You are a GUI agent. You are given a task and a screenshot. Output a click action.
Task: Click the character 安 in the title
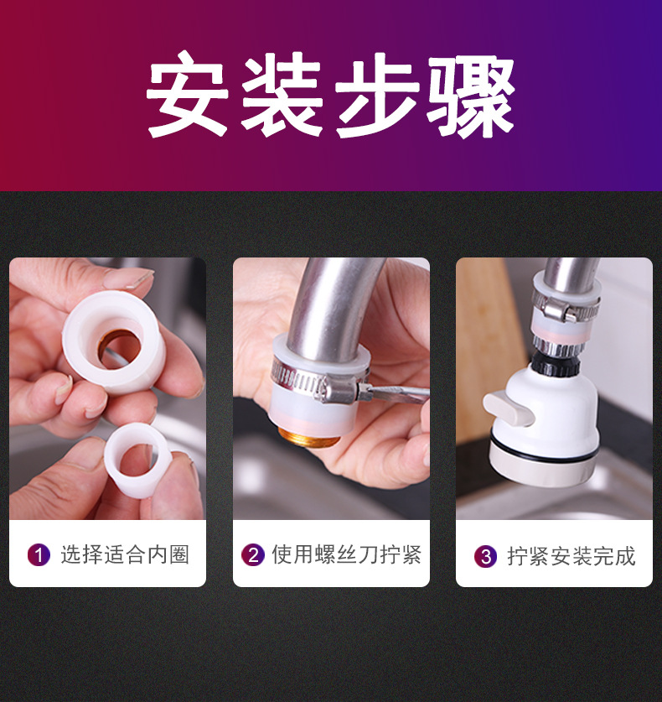coord(189,97)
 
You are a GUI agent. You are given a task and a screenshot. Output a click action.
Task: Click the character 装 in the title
coord(283,97)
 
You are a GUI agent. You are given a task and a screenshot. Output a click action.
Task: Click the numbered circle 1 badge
coord(39,554)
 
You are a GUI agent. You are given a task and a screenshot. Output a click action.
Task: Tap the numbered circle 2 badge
coord(252,554)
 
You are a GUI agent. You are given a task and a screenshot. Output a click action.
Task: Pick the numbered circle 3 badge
coord(485,556)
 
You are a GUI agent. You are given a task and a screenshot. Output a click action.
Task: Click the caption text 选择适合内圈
coord(125,554)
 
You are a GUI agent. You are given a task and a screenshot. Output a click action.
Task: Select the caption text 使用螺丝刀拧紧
coord(346,554)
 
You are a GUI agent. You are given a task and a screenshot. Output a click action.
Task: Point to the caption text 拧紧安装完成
coord(571,556)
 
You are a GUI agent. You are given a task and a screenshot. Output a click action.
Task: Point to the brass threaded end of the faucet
coord(309,438)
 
